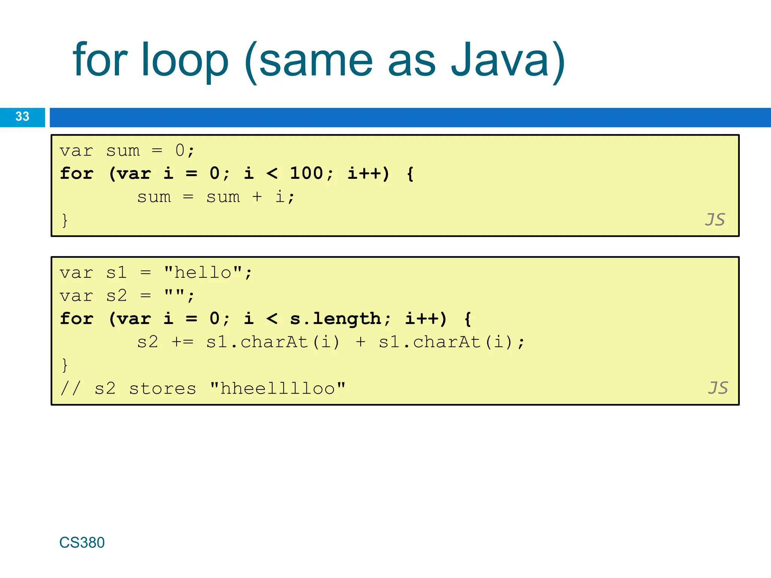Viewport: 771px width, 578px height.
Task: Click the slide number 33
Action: [22, 117]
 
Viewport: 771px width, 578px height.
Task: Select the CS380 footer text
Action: [82, 543]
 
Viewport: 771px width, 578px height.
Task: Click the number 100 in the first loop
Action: [306, 173]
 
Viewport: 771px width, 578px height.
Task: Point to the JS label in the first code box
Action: [715, 220]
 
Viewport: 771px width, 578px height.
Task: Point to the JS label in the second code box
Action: [718, 388]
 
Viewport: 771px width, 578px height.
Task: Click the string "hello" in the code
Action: [203, 273]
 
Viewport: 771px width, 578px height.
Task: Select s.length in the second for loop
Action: [335, 319]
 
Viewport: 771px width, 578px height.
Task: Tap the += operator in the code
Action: [183, 342]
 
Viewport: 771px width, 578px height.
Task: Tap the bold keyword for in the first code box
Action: [76, 173]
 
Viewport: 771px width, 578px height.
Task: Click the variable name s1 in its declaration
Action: [116, 273]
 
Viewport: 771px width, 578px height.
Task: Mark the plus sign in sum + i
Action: [257, 197]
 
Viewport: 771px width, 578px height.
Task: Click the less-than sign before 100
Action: [272, 173]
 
